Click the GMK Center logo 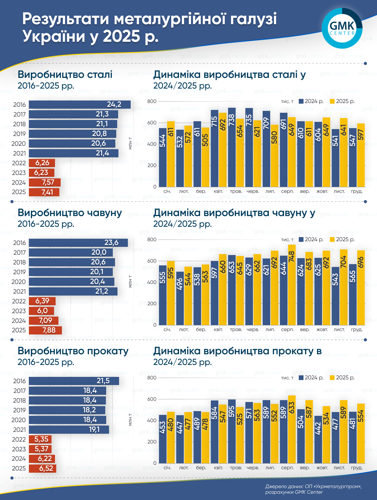[x=342, y=28]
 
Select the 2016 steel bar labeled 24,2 [x=79, y=105]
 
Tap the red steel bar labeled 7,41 [x=44, y=192]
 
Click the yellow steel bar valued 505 [x=205, y=157]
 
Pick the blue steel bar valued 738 [x=232, y=148]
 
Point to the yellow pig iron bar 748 [x=292, y=285]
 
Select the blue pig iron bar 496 [x=180, y=298]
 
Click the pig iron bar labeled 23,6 [x=78, y=243]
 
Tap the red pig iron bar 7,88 [x=45, y=330]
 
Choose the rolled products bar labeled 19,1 [x=69, y=430]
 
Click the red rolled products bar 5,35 [x=40, y=439]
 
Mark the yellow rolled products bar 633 [x=292, y=429]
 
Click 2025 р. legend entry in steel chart [x=342, y=101]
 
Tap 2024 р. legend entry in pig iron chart [x=311, y=240]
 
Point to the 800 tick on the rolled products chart [x=152, y=378]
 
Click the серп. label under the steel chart [x=287, y=191]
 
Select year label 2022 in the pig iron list [x=19, y=301]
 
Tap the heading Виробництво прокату [x=73, y=351]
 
